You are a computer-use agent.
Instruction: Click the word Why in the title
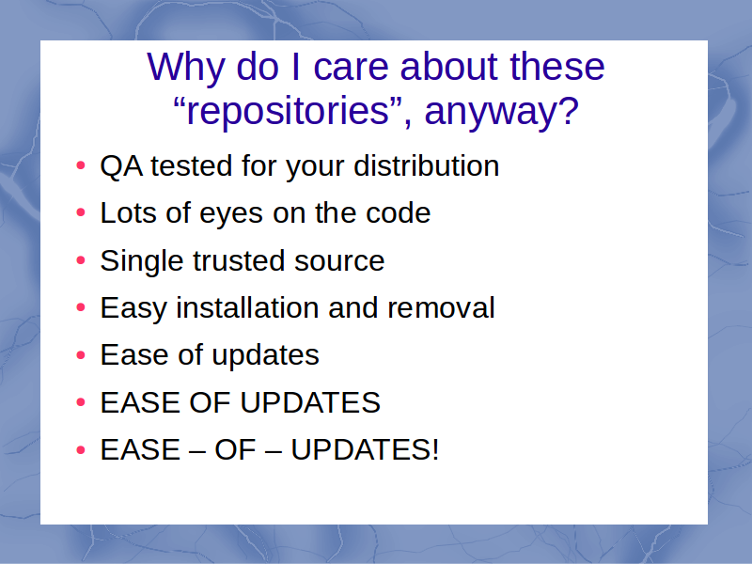pos(185,68)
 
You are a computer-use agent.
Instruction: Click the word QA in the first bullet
pos(121,166)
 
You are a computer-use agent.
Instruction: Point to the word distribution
pos(427,166)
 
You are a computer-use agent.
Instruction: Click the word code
pos(398,212)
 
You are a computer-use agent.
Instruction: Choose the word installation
pos(247,307)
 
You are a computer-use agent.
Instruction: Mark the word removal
pos(441,307)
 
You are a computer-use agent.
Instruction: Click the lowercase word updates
pos(265,356)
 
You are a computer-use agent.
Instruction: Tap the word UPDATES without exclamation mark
pos(310,402)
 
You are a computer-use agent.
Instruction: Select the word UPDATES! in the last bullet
pos(365,450)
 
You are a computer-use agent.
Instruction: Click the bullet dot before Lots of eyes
pos(81,212)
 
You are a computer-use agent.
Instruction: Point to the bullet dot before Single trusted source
pos(81,260)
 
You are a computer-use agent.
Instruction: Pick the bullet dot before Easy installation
pos(81,307)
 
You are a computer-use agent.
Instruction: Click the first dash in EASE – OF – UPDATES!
pos(197,452)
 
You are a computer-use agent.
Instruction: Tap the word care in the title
pos(351,68)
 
